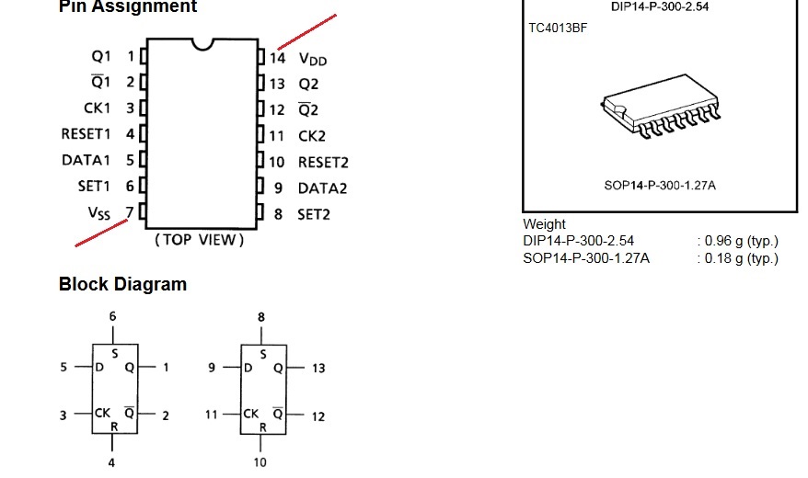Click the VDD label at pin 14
click(313, 59)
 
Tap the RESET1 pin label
click(86, 134)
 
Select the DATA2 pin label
click(323, 188)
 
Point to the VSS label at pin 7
click(99, 212)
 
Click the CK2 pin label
click(312, 136)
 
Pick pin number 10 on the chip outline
click(277, 163)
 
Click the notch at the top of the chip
click(202, 44)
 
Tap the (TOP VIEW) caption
click(200, 240)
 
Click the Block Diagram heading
click(122, 284)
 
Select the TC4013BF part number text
click(558, 28)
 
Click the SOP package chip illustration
click(661, 106)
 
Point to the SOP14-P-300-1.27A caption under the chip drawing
click(660, 186)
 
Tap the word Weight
click(544, 224)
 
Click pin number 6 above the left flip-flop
click(113, 316)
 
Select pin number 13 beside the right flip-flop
click(318, 369)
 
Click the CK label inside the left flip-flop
click(102, 413)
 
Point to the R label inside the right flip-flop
click(263, 427)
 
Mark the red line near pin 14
click(307, 32)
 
